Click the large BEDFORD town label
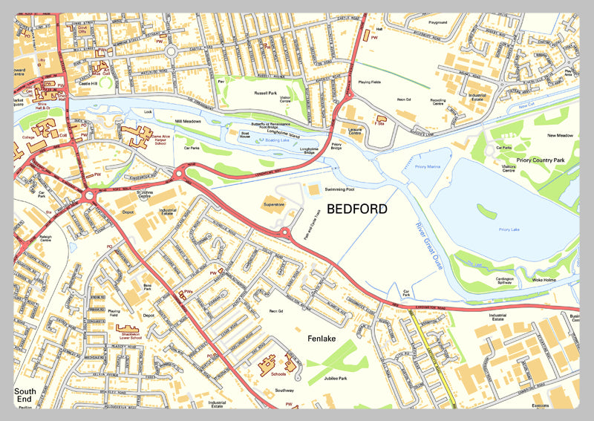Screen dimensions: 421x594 (356, 209)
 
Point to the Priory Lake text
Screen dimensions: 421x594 (509, 229)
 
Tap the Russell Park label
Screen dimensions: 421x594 (265, 94)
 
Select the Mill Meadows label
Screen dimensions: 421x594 (189, 120)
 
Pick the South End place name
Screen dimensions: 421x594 (25, 395)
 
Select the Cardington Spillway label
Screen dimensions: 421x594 (487, 282)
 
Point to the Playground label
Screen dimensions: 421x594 (437, 22)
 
